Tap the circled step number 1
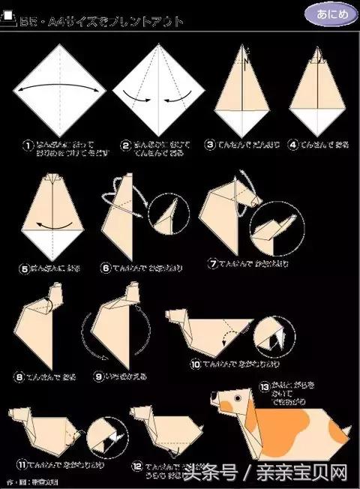pos(28,145)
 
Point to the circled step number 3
pos(211,143)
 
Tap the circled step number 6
pos(107,266)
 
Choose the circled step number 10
pos(195,364)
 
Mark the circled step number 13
pos(264,386)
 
